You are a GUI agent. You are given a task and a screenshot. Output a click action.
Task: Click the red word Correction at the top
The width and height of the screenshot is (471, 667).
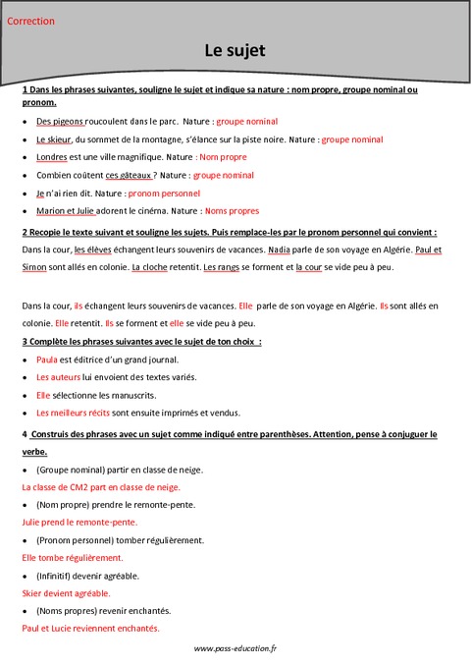pos(30,21)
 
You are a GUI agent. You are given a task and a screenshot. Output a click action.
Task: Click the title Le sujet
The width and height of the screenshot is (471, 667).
pos(235,49)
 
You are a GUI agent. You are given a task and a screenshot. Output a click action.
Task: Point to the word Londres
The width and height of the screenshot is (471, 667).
pos(53,158)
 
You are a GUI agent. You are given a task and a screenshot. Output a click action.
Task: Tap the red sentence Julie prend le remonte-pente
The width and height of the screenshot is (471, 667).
pos(78,522)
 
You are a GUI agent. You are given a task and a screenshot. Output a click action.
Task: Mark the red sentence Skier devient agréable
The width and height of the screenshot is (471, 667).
pos(65,593)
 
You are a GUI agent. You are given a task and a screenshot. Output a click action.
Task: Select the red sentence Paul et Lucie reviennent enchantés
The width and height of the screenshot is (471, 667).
pos(90,629)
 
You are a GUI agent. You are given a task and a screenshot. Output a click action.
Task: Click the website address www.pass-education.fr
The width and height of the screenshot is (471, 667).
pos(235,648)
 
